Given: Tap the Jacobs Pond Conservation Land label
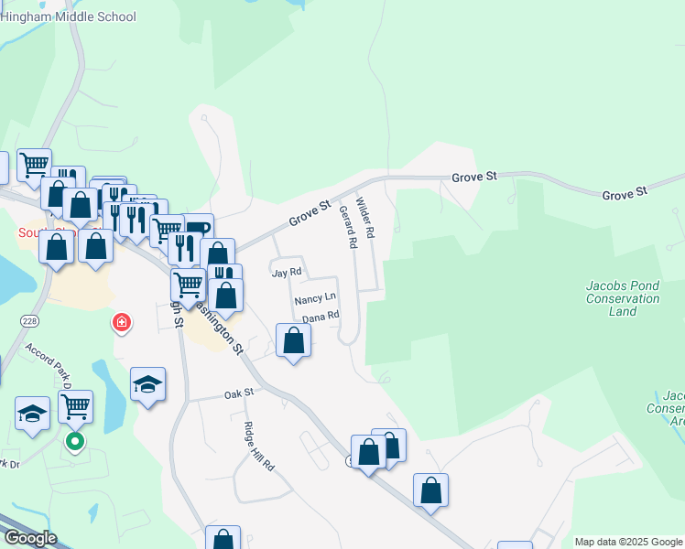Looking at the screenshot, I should pos(622,298).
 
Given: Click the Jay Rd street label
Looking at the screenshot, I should pos(286,273).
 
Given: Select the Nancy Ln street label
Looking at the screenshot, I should pos(315,299).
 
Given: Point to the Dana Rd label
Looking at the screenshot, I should pos(321,316).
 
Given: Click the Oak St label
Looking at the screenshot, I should pos(238,393).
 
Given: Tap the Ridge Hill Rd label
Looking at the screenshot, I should pos(259,446).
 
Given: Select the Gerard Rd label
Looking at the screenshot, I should pos(347,227).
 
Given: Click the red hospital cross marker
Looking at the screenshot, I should pos(120,322).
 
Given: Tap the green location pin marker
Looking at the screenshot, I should pos(76,443).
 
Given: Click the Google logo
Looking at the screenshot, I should pos(29,538).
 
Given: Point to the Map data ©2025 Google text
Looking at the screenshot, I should pos(628,542).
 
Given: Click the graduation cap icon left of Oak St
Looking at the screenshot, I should pos(147,385).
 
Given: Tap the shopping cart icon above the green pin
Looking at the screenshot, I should pos(75,405).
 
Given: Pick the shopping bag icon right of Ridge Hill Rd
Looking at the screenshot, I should pos(430,490).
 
